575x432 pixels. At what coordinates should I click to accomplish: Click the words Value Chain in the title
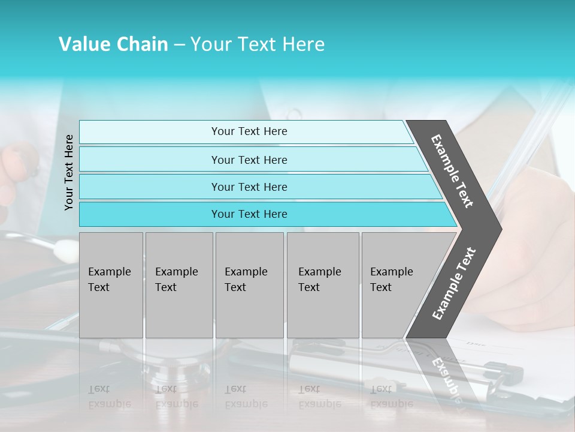coord(113,44)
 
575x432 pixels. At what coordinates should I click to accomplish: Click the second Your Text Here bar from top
coord(249,160)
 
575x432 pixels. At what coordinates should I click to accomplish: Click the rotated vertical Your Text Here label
coord(69,172)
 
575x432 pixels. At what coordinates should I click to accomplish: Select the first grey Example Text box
coord(111,284)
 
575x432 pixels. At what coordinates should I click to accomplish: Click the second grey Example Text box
coord(178,284)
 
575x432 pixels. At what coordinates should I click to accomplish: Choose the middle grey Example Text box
coord(249,284)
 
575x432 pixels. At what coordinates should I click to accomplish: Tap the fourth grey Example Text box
coord(322,284)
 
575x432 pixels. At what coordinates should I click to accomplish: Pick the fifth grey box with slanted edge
coord(395,284)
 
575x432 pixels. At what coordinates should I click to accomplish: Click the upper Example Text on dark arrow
coord(453,170)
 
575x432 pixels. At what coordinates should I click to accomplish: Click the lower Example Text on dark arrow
coord(453,283)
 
